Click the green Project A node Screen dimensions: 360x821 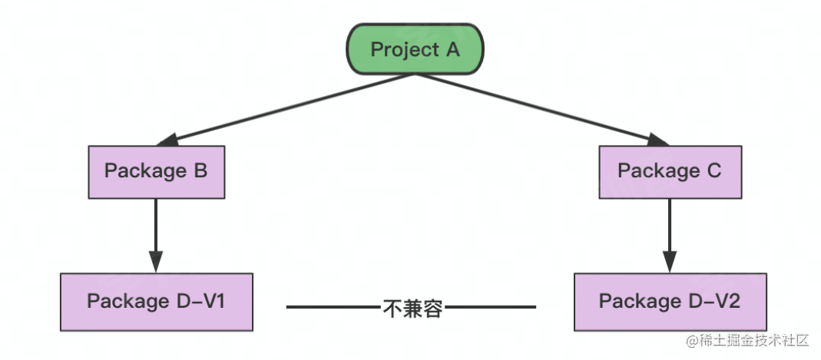(x=415, y=50)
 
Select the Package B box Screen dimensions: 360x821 (x=156, y=171)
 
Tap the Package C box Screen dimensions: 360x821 (x=670, y=171)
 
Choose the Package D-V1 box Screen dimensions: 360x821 (x=156, y=301)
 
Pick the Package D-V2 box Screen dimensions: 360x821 (x=670, y=301)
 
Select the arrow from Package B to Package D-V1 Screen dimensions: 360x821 (x=156, y=230)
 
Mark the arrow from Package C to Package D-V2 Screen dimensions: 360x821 (x=670, y=230)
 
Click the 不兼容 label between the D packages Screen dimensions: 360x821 (x=412, y=309)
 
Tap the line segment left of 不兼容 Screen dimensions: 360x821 (x=334, y=308)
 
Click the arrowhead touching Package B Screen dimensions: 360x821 (x=167, y=140)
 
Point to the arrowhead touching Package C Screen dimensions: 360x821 (x=658, y=140)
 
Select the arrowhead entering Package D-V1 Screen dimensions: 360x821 (x=156, y=262)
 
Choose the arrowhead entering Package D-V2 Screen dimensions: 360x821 (x=670, y=262)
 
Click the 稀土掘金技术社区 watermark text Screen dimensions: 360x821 (x=756, y=340)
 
